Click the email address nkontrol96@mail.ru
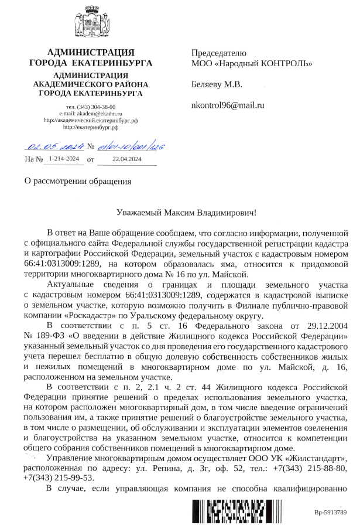coord(228,105)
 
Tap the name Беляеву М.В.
coord(217,84)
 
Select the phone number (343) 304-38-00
coord(91,107)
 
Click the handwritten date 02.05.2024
coord(54,146)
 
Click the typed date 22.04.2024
coord(127,159)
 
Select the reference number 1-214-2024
coord(64,159)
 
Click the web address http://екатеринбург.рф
coord(91,127)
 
